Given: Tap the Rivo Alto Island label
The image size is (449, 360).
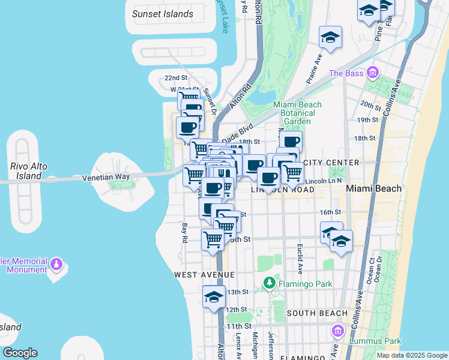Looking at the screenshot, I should [x=25, y=172].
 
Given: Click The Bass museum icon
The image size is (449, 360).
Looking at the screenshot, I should [x=373, y=73].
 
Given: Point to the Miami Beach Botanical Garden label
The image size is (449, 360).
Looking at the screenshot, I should [x=297, y=113].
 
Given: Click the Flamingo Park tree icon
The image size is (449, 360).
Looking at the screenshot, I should [x=270, y=281].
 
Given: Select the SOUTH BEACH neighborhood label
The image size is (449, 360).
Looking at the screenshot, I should [x=317, y=313].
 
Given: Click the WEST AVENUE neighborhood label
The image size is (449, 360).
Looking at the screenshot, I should [x=203, y=274].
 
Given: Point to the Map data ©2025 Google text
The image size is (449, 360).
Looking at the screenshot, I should [x=411, y=355].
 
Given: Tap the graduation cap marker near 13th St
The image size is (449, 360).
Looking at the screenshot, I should [x=214, y=297].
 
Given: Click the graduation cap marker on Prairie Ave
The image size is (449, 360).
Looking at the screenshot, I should [x=330, y=38].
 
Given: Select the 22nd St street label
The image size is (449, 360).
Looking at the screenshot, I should [x=176, y=78].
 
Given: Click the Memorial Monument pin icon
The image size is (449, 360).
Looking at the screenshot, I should [x=56, y=263].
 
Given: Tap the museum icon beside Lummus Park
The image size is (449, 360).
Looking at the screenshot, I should [x=337, y=331].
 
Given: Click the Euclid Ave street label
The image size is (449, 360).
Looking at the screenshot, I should [x=298, y=259].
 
